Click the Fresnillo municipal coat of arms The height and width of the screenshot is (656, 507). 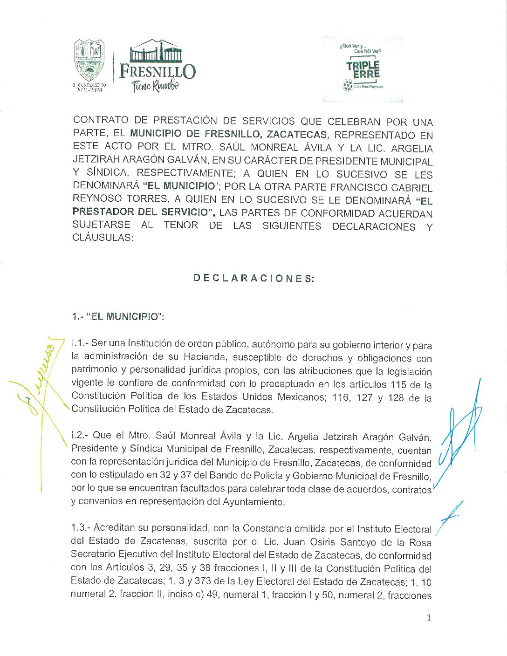89,60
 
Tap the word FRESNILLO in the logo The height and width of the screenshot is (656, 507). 158,71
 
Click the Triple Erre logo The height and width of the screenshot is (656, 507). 363,69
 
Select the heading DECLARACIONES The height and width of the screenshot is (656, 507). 254,278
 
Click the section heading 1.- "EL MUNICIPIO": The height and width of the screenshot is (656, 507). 118,316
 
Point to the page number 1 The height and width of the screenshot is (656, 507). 429,618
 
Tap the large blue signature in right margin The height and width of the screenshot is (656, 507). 461,433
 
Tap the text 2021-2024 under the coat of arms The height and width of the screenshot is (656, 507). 89,90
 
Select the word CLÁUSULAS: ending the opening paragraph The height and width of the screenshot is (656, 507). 103,237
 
